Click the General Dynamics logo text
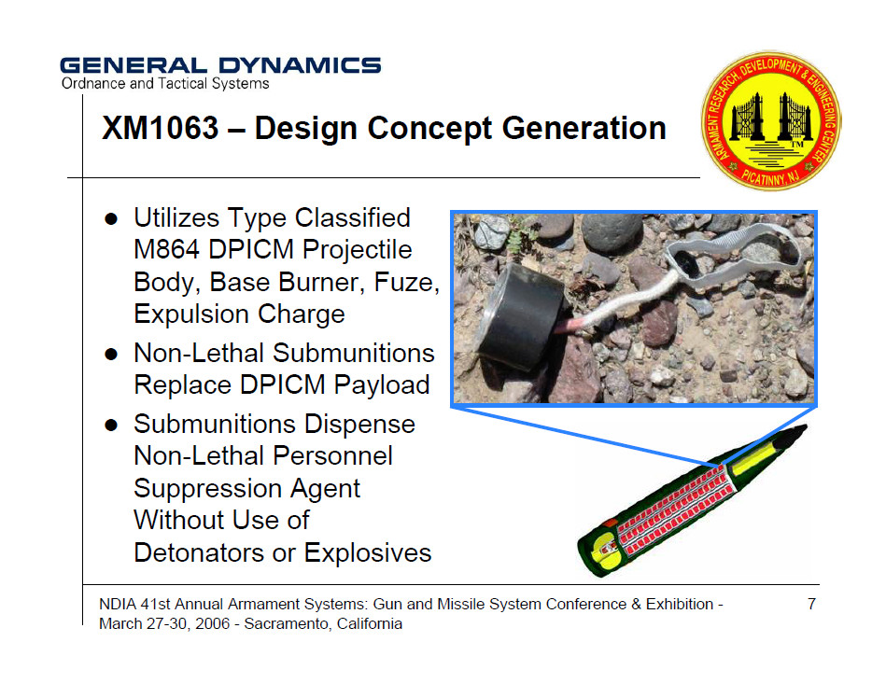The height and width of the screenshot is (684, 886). point(220,65)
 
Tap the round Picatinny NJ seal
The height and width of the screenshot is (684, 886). point(771,120)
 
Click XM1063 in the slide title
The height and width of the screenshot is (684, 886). point(160,128)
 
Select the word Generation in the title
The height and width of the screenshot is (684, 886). point(584,128)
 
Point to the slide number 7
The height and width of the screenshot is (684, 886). point(811,604)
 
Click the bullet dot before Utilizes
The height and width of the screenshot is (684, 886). point(111,218)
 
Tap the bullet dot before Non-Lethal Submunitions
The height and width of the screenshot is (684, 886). point(111,355)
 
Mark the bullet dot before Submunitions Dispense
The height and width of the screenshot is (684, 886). point(111,425)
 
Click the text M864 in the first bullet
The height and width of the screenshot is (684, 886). point(166,249)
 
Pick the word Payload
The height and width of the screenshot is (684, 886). point(382,385)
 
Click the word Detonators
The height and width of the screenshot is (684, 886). point(199,552)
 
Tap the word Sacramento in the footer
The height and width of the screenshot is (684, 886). point(283,624)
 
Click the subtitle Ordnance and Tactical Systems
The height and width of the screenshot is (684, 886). point(165,84)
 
